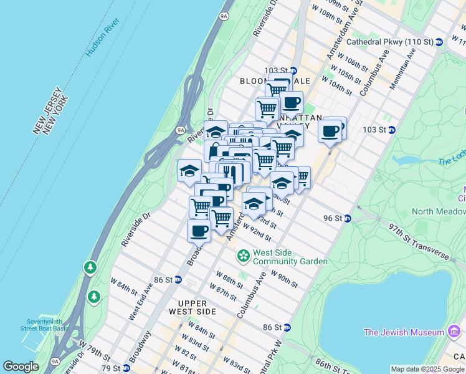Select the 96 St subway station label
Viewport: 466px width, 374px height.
click(x=333, y=218)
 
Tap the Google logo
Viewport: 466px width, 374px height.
click(x=21, y=367)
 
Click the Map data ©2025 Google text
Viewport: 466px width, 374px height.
click(x=427, y=369)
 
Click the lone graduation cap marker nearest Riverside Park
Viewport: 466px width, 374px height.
click(x=189, y=171)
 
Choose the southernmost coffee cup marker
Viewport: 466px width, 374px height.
click(x=199, y=230)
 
